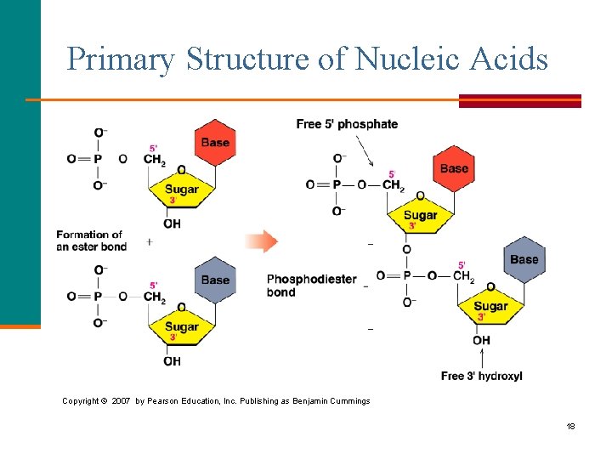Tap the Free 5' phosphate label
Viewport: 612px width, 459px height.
pos(347,124)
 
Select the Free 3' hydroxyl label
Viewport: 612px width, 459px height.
pos(481,376)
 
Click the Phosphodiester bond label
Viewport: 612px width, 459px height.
pos(311,286)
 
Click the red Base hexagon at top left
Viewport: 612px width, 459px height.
pos(215,142)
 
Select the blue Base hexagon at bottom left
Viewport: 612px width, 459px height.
pos(215,280)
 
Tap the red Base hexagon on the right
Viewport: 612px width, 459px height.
pos(454,168)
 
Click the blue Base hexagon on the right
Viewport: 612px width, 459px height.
pos(524,259)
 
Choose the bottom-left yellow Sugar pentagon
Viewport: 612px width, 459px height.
pos(181,327)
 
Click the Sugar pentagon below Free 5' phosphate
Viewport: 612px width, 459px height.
pos(420,216)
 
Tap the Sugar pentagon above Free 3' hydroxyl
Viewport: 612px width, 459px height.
pos(490,307)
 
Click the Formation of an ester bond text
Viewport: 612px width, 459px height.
pos(91,241)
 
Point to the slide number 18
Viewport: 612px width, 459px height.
pos(571,426)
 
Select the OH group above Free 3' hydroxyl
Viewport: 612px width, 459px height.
pos(481,341)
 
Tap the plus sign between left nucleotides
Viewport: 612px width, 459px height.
pos(150,241)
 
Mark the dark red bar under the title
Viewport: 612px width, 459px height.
pos(519,101)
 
